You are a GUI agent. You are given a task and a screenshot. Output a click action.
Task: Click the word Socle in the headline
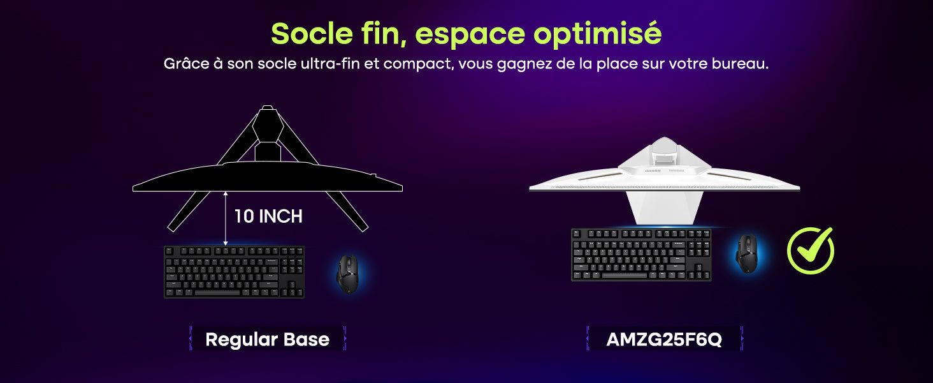click(x=312, y=33)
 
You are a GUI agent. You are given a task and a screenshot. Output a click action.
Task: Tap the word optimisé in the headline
click(x=598, y=34)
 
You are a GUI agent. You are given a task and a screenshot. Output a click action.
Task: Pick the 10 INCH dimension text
click(x=268, y=216)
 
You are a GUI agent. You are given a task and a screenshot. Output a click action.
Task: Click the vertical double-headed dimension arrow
click(x=226, y=218)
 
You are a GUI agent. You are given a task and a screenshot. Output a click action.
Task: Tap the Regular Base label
click(x=268, y=339)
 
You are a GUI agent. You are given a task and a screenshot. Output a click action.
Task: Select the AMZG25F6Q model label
click(x=664, y=339)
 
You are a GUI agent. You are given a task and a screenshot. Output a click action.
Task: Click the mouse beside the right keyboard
click(x=747, y=253)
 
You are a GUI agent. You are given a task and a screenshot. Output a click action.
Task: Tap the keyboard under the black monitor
click(x=234, y=271)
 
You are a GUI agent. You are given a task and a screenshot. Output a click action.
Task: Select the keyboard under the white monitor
click(x=641, y=255)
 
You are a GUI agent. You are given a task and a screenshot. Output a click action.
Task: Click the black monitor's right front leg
click(x=347, y=211)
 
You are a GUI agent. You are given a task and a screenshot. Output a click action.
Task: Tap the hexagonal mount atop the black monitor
click(x=268, y=124)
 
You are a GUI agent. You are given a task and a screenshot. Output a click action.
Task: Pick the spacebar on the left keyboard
click(x=217, y=292)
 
